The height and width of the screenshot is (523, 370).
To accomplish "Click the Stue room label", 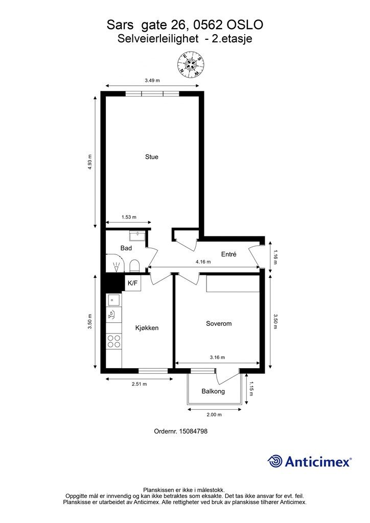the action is [x=151, y=157].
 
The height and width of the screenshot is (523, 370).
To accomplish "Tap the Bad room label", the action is [x=126, y=248].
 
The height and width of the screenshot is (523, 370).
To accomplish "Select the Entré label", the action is [x=228, y=254].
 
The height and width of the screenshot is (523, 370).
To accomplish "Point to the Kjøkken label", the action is [x=147, y=328].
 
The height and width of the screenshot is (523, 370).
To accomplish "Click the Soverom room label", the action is [x=219, y=323].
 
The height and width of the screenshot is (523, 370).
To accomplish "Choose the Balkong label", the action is [x=213, y=391].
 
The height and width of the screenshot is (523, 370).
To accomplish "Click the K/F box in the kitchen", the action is [x=133, y=283].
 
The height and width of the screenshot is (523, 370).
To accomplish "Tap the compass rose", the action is [x=191, y=65].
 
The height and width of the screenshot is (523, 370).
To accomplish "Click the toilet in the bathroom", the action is [x=134, y=266].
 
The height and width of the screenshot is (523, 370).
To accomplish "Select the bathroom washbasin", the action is [x=137, y=235].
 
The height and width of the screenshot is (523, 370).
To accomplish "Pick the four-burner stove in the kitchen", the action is [x=114, y=341].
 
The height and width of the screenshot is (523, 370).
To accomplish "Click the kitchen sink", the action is [x=113, y=300].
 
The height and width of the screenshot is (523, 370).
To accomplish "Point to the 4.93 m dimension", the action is [x=89, y=162].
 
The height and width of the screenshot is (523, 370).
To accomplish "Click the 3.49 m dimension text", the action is [x=152, y=80].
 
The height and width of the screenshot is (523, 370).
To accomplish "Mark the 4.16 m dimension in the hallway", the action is [x=203, y=262].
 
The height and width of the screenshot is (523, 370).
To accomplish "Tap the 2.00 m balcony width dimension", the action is [x=214, y=415].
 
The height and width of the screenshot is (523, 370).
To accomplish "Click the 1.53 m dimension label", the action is [x=129, y=217].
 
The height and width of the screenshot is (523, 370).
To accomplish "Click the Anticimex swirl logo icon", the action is [x=275, y=461].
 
